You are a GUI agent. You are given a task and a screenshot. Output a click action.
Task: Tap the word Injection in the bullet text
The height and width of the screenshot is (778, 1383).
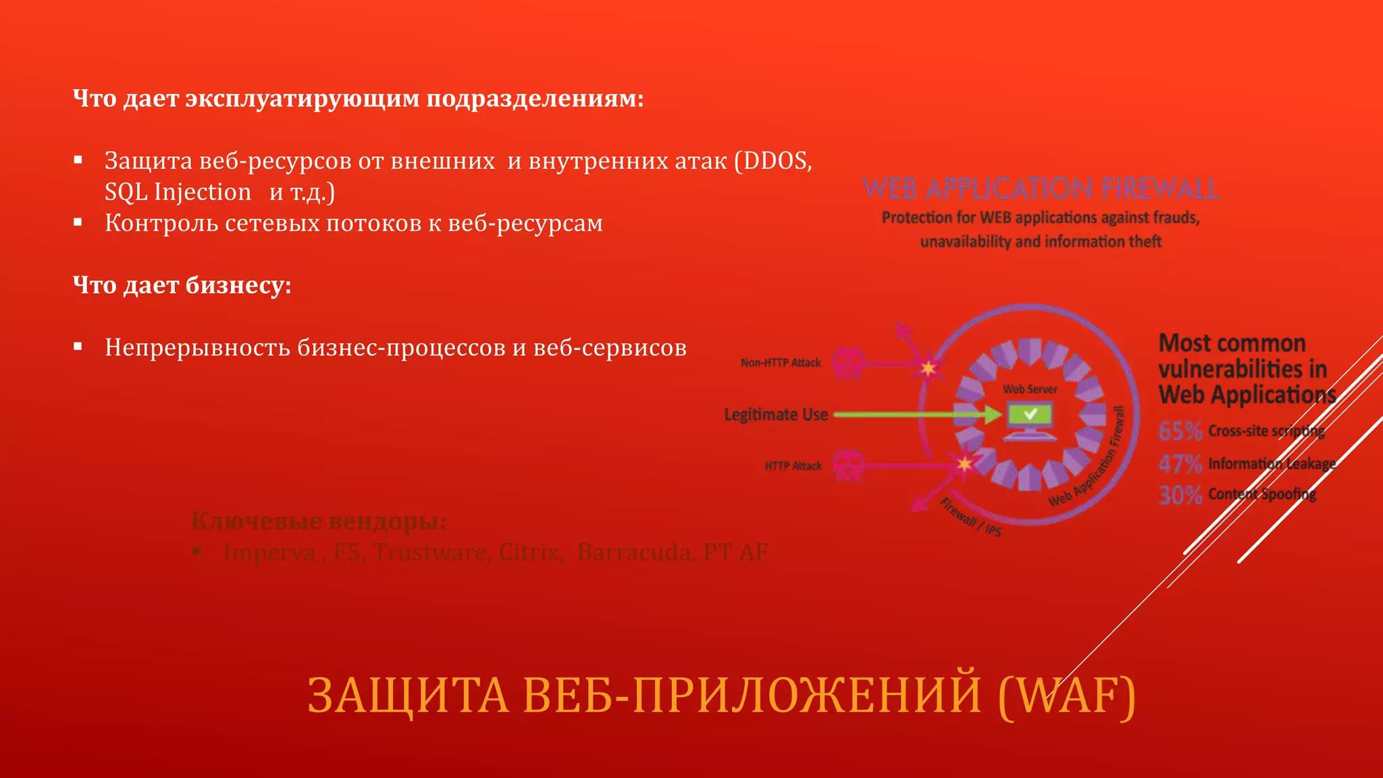[203, 192]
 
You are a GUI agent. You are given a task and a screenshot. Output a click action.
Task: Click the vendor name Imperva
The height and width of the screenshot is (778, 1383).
[269, 552]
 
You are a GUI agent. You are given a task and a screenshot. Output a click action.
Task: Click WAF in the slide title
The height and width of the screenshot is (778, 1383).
[1067, 696]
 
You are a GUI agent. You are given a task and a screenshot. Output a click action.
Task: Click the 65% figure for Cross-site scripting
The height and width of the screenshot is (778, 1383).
[1180, 431]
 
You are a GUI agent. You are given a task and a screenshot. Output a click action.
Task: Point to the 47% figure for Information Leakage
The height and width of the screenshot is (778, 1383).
[1180, 463]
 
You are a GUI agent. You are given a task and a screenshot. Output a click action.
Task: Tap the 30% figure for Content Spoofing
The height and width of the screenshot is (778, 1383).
[1180, 495]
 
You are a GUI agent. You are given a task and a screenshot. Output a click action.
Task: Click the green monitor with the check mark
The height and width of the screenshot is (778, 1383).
[1030, 419]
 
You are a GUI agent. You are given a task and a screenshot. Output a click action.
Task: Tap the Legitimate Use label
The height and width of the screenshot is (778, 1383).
[776, 415]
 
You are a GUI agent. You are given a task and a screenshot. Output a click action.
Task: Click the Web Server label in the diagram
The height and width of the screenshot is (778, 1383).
[1030, 389]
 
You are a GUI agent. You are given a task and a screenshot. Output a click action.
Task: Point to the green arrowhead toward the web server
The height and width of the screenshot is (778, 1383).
[992, 414]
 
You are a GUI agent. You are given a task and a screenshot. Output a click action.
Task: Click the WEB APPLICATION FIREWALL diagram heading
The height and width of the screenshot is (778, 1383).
[1041, 188]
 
